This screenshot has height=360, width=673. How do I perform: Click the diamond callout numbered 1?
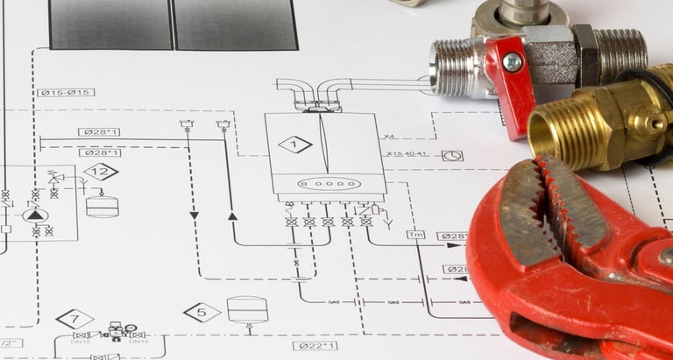295,145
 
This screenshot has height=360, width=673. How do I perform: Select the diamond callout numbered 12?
101,172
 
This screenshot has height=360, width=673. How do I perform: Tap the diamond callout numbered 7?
74,320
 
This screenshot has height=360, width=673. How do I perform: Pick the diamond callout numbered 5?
202,312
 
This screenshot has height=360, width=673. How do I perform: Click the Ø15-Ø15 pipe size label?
66,92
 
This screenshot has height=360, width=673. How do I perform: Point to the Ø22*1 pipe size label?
315,346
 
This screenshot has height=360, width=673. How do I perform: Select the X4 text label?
389,137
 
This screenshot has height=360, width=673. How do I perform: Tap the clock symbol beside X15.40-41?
452,155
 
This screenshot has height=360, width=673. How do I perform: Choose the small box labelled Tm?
415,235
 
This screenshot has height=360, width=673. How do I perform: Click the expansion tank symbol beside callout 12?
103,207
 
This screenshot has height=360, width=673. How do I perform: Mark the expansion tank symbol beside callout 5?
247,309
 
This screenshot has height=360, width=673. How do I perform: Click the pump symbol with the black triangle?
35,215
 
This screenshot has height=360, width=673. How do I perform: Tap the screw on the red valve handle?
513,62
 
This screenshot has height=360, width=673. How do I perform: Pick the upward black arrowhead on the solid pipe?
232,215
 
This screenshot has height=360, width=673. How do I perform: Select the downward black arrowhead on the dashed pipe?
194,215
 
